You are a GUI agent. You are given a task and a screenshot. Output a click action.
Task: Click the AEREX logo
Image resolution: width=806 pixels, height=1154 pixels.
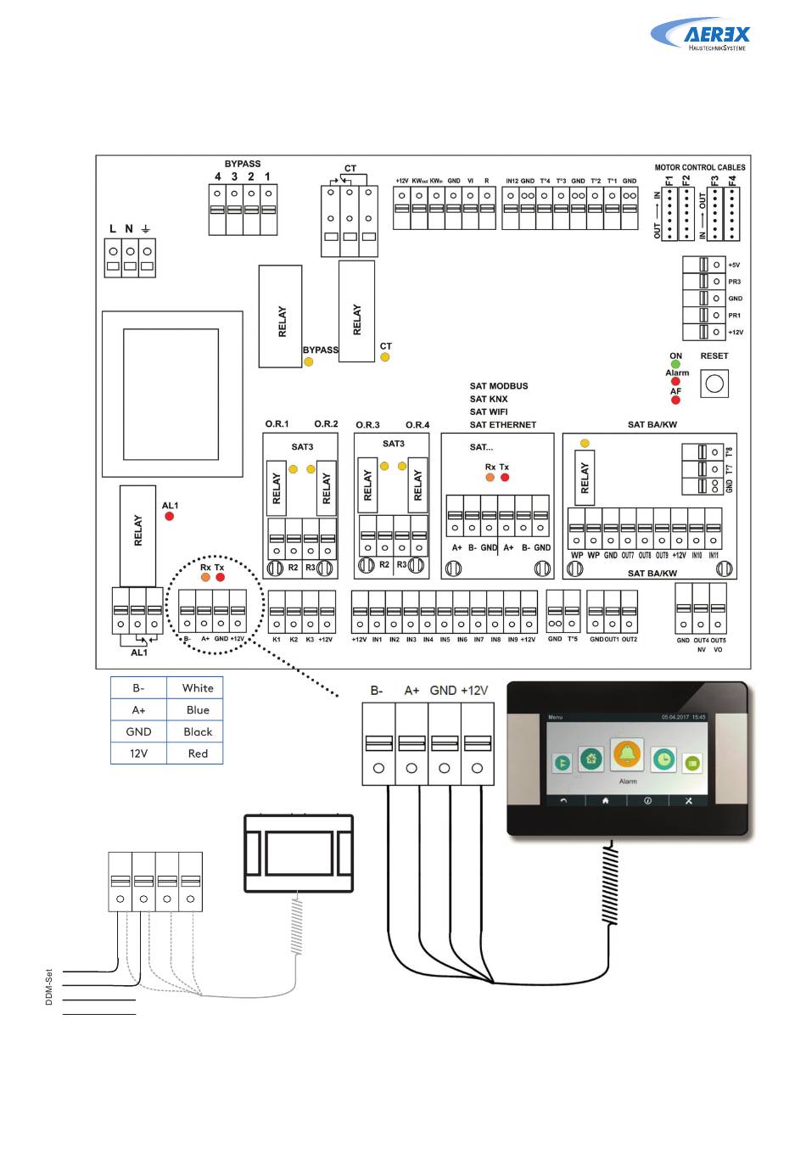pos(702,36)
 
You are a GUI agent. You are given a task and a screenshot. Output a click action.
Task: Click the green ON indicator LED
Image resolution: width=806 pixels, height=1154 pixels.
pos(675,365)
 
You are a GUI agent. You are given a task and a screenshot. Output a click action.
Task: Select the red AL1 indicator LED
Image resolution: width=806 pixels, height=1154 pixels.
pos(169,516)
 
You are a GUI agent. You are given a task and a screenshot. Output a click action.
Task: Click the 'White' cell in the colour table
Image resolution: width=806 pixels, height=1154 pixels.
pos(197,688)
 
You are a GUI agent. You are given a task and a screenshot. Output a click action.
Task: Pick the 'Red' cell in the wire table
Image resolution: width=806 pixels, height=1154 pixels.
pos(197,753)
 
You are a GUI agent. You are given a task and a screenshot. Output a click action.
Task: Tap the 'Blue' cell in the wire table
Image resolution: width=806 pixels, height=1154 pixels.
pos(197,710)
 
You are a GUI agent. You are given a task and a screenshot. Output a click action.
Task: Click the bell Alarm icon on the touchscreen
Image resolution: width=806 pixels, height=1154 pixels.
pos(627,754)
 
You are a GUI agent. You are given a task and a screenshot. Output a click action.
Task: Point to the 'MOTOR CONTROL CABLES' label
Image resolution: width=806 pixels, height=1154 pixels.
pos(700,168)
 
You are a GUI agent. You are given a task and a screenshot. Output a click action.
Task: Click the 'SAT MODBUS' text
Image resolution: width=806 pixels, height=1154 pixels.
pos(499,386)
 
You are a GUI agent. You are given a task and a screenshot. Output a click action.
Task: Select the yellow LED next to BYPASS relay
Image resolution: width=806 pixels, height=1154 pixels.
pos(309,362)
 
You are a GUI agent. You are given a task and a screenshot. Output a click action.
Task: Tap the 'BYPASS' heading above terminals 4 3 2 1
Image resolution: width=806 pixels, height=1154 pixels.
pos(243,164)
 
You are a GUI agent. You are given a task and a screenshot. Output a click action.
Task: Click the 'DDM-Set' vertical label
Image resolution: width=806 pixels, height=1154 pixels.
pos(49,988)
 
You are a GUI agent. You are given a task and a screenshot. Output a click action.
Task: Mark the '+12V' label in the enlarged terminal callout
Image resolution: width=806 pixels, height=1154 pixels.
pos(474,691)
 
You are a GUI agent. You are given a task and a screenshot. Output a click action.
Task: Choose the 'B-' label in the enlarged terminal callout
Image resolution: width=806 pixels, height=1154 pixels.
pos(377,691)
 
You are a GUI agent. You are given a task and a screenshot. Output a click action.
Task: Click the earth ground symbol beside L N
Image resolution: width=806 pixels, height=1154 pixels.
pos(146,229)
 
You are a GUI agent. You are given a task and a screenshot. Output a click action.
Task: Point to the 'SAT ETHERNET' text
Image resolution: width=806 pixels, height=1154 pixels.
pos(503,425)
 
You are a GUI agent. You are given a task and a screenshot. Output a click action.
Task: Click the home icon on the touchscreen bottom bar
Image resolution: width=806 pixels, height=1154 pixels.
pos(606,800)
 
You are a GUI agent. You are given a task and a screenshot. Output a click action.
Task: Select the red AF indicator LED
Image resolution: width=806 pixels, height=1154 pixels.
pos(675,401)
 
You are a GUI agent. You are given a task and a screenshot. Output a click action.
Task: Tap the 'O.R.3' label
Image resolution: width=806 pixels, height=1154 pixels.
pos(367,425)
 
